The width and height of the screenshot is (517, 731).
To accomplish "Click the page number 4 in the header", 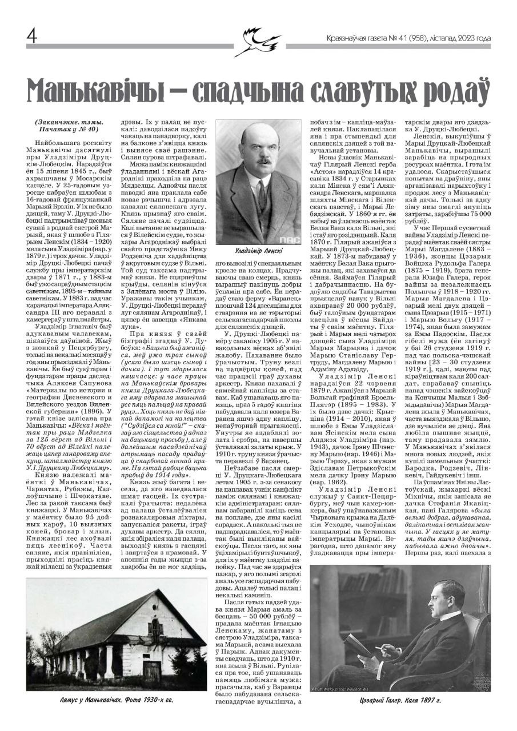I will pyautogui.click(x=31, y=37).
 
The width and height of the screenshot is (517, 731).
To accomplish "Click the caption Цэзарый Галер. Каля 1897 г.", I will pyautogui.click(x=400, y=700).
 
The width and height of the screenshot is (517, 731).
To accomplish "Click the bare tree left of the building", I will pyautogui.click(x=46, y=645).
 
